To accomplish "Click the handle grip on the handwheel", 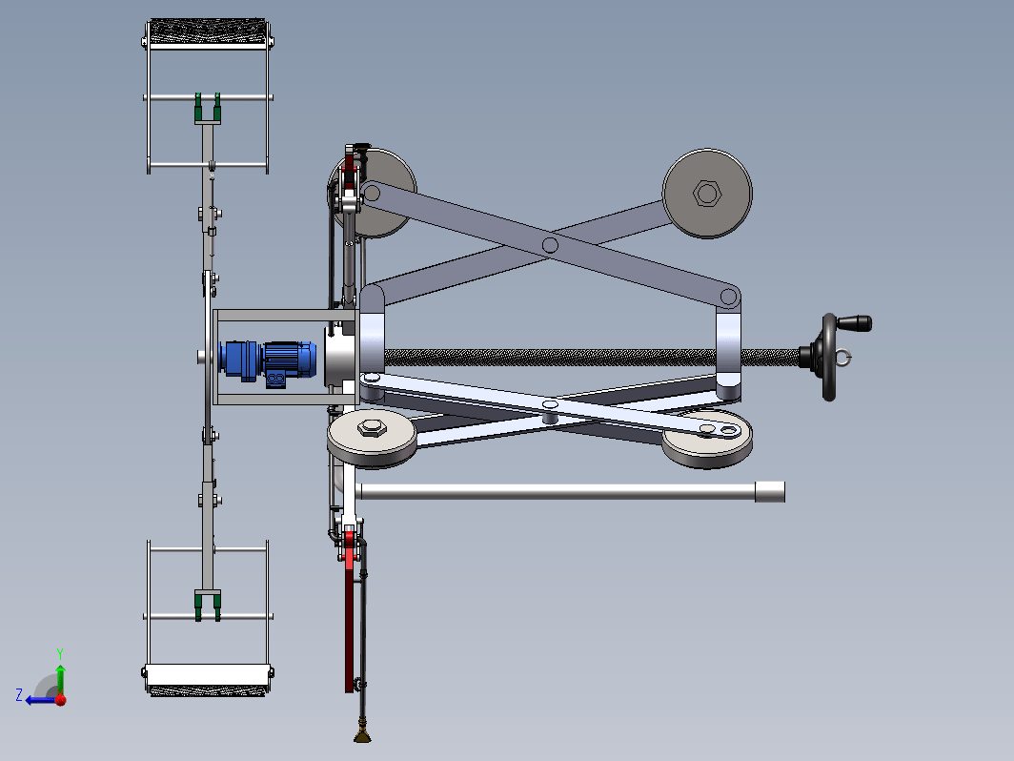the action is (854, 322).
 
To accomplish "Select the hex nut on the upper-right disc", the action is (706, 193).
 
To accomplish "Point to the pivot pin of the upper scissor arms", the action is (550, 245).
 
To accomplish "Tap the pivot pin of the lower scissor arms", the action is (550, 405).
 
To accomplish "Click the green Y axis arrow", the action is (60, 679).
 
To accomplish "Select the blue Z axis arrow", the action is (41, 700).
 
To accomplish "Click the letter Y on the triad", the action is (59, 653).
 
